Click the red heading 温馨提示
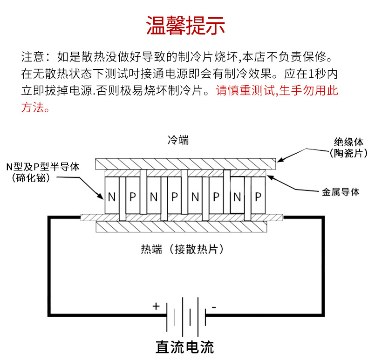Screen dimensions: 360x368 (x=185, y=26)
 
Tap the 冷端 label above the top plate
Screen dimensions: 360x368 (x=178, y=140)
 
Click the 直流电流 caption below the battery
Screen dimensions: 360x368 (x=184, y=347)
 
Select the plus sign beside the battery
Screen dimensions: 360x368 (x=156, y=306)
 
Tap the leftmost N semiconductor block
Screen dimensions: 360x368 (x=112, y=197)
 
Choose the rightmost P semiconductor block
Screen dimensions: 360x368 (x=258, y=197)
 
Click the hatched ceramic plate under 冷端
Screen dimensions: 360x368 (x=185, y=164)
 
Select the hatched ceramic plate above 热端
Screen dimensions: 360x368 (x=182, y=227)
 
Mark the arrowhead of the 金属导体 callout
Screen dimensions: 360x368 (x=267, y=176)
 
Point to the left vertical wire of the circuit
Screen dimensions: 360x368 (x=48, y=265)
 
